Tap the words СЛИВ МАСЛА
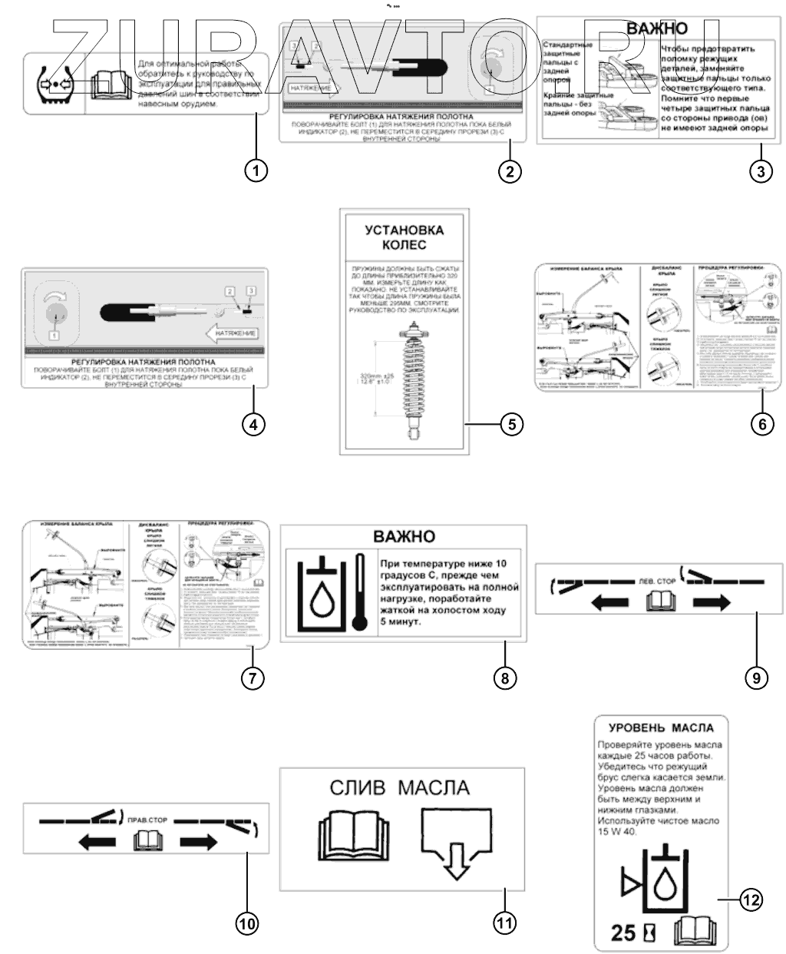(x=399, y=787)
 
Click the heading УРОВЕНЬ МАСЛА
(x=661, y=727)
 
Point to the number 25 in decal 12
(x=623, y=932)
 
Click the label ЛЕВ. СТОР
(x=657, y=581)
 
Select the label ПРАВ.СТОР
(x=144, y=820)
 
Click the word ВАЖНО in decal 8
(x=404, y=536)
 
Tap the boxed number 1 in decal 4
(x=54, y=335)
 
